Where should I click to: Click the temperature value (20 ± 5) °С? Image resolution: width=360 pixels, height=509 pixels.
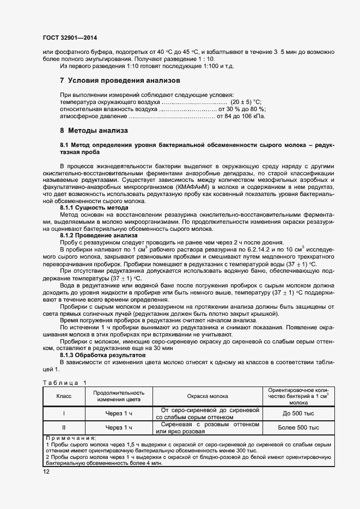247,102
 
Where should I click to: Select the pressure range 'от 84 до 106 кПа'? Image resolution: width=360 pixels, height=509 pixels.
241,116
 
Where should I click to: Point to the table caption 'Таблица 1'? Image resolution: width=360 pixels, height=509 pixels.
64,383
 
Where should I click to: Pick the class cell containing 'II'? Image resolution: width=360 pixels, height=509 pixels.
64,427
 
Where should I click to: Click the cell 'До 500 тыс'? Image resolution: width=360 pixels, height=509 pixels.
298,413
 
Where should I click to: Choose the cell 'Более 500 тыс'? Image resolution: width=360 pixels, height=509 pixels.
298,427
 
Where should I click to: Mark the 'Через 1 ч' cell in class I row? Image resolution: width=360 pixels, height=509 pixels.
119,413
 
